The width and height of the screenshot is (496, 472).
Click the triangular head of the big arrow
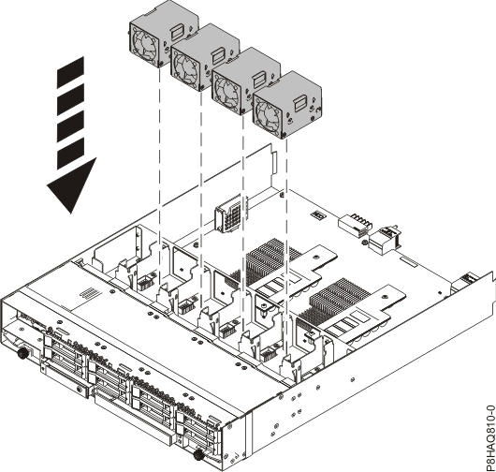(x=71, y=186)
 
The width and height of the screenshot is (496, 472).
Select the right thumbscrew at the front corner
(x=198, y=455)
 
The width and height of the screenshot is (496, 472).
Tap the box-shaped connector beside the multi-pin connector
(x=383, y=242)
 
